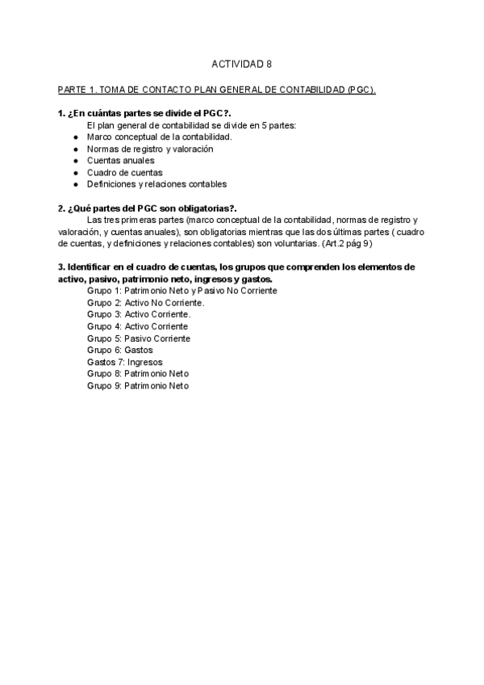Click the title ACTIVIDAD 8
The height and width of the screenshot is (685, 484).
[x=241, y=63]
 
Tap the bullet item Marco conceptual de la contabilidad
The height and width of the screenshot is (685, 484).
[x=160, y=137]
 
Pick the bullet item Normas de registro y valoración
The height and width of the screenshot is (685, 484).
[x=150, y=149]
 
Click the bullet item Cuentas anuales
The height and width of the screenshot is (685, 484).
[x=121, y=160]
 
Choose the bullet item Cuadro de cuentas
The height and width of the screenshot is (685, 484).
[x=125, y=172]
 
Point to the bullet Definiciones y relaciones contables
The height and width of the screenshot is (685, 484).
[x=157, y=184]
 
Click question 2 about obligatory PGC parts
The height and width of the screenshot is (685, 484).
[x=148, y=208]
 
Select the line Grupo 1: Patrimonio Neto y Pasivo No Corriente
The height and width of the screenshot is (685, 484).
[x=182, y=291]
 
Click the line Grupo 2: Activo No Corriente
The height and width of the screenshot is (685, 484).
[x=146, y=303]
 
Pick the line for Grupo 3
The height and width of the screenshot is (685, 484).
[x=139, y=314]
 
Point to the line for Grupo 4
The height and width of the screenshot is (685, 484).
[x=138, y=326]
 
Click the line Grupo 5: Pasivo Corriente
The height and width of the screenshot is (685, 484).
[x=139, y=338]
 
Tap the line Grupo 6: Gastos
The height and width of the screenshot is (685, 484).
[x=120, y=351]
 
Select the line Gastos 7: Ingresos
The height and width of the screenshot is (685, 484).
[x=125, y=363]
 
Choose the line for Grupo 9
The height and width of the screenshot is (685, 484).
[x=138, y=386]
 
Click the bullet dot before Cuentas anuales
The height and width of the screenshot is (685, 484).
[x=76, y=161]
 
